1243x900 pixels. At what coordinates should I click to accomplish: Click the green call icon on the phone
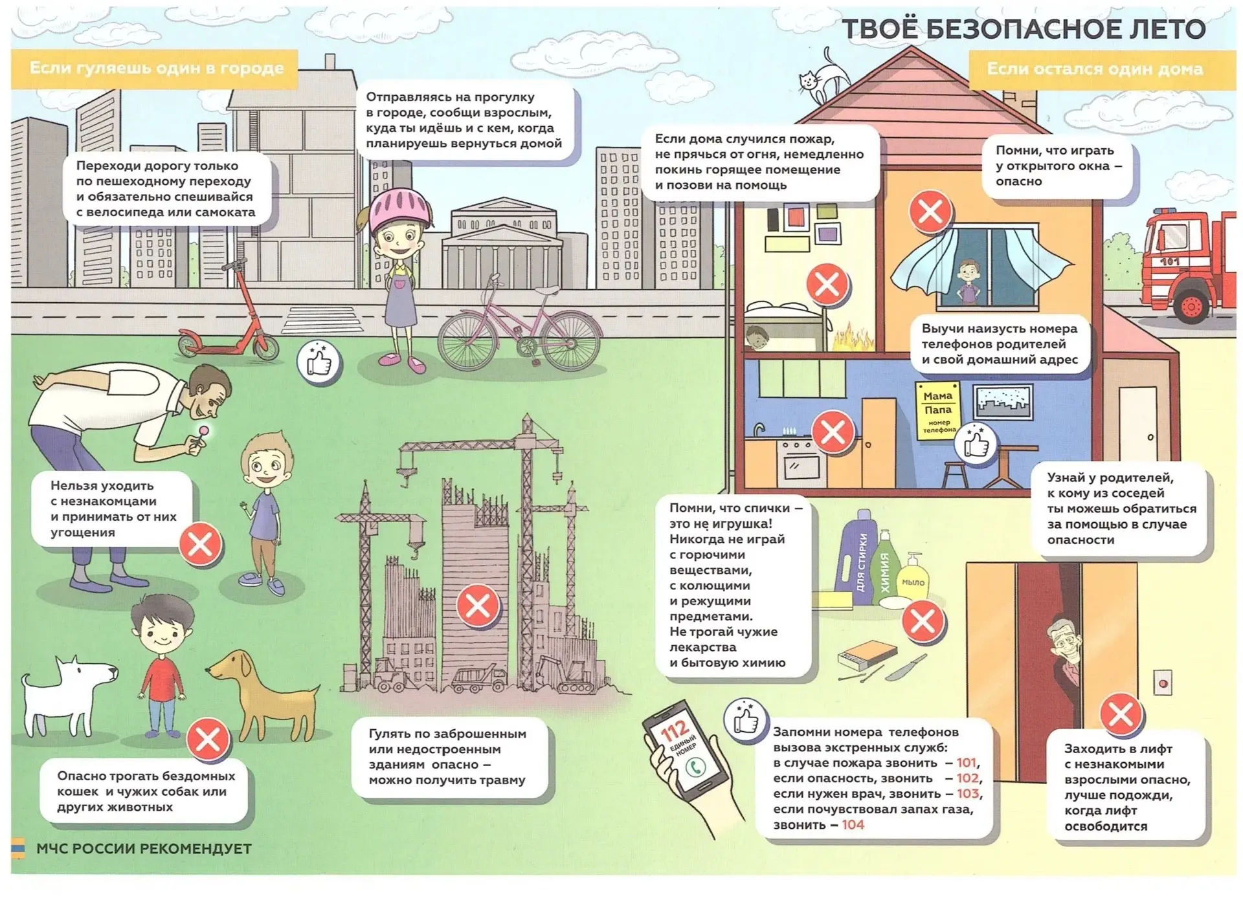click(696, 767)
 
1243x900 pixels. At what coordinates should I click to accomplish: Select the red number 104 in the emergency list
click(853, 825)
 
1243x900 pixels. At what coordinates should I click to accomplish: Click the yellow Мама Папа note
click(937, 411)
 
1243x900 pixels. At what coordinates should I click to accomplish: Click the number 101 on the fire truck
click(1169, 262)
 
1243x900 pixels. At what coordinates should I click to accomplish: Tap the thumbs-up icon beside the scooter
click(319, 363)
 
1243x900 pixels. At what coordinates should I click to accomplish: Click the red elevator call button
click(1163, 683)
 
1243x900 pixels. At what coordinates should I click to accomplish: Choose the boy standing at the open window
click(969, 283)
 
